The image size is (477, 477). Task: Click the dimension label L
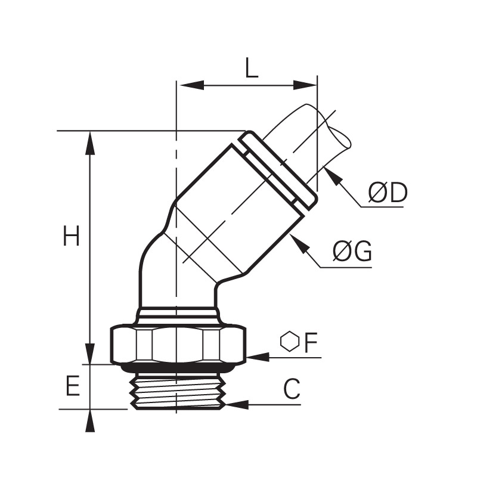tap(252, 67)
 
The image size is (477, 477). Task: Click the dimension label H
tap(71, 236)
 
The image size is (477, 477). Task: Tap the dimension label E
tap(73, 385)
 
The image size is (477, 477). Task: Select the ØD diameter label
tap(387, 193)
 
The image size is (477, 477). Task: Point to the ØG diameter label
tap(352, 251)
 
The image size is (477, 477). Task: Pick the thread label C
tap(292, 389)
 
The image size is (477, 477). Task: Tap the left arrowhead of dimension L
tap(192, 85)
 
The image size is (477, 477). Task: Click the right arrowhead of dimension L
tap(305, 85)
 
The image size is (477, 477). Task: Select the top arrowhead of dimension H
tap(90, 143)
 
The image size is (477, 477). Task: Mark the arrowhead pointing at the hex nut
tap(258, 357)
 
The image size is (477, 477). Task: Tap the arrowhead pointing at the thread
tap(237, 405)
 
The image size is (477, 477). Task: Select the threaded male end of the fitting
tap(178, 391)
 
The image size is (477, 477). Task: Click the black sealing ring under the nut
tap(178, 368)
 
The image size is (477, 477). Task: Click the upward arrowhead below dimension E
tap(90, 422)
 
